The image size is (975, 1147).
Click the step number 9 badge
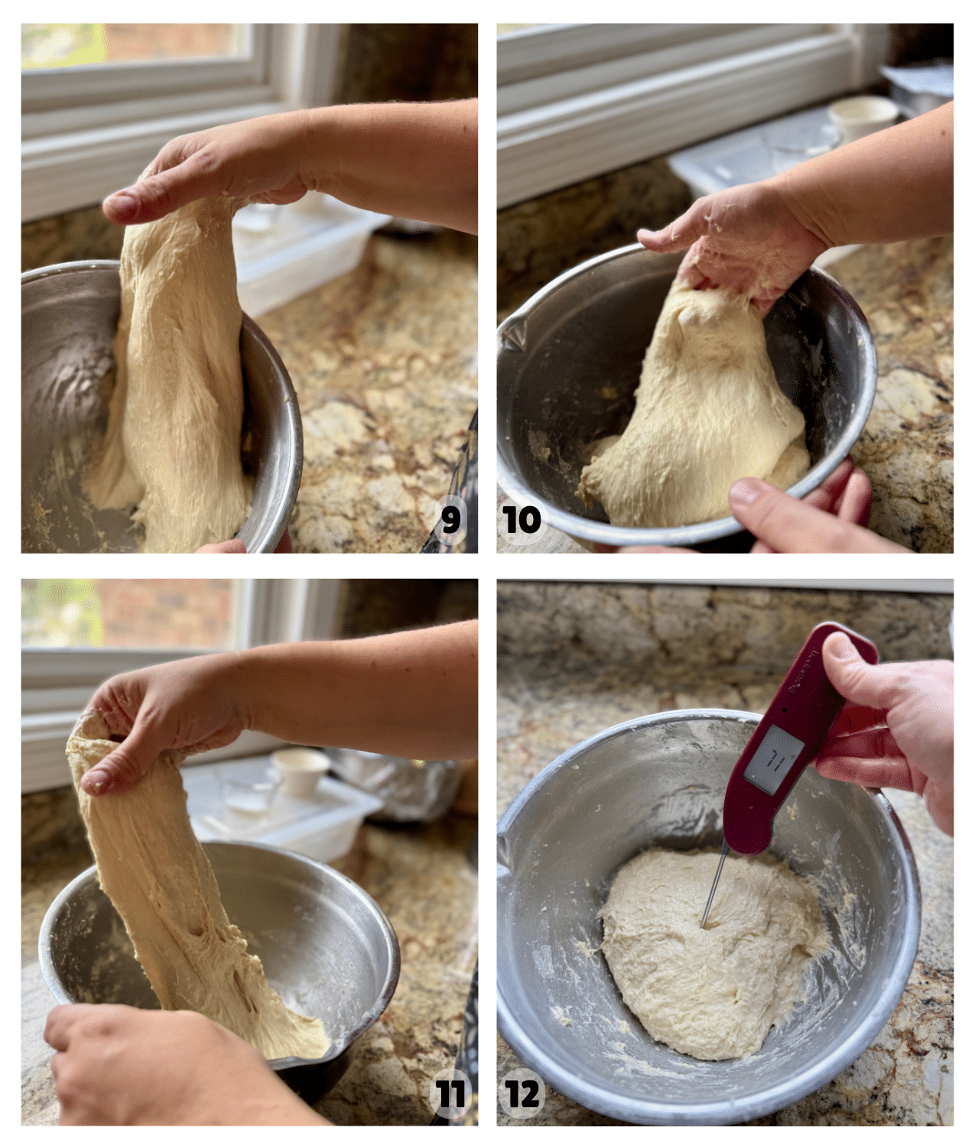451,519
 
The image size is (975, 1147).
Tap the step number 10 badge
522,520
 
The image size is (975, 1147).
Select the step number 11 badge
450,1093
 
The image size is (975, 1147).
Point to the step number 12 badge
522,1093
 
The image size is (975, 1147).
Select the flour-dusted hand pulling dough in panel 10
734,245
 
